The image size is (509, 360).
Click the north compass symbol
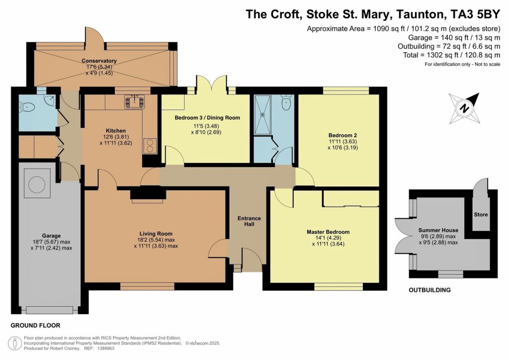coord(464,107)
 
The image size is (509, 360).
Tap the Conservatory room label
coord(103,61)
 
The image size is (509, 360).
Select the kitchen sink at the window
coord(134,101)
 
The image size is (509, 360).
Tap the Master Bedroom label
coord(328,232)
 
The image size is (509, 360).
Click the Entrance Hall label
coord(249,222)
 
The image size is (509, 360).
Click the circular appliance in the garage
coord(36,184)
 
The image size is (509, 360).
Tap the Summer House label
coord(438,230)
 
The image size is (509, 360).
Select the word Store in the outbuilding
coord(481,215)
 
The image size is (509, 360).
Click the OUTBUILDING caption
coord(429,290)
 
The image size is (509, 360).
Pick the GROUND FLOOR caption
coord(35,326)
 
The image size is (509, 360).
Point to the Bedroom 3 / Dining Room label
coord(207,118)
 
